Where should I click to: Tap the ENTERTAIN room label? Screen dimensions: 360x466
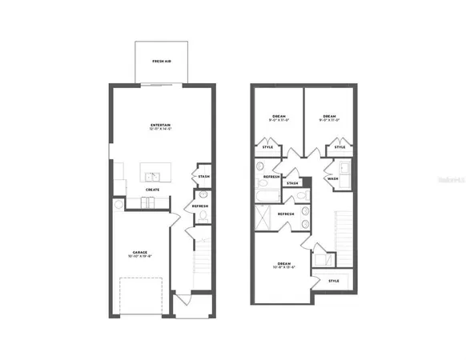(x=159, y=126)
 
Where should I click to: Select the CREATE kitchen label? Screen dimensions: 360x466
(x=152, y=190)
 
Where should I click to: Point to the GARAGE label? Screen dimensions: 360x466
(x=140, y=253)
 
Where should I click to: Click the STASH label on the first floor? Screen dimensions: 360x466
(x=204, y=177)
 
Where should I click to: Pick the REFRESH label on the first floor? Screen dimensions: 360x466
(x=200, y=206)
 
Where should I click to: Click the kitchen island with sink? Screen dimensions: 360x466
(x=153, y=173)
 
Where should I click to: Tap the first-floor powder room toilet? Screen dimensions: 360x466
(x=203, y=195)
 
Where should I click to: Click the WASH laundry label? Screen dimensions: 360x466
(x=331, y=178)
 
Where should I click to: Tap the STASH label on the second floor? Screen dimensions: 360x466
(x=292, y=183)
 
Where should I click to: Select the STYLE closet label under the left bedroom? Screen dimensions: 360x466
(x=267, y=147)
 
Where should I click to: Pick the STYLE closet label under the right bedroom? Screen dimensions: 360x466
(x=339, y=147)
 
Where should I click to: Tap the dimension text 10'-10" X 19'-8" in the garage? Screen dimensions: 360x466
(x=140, y=258)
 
